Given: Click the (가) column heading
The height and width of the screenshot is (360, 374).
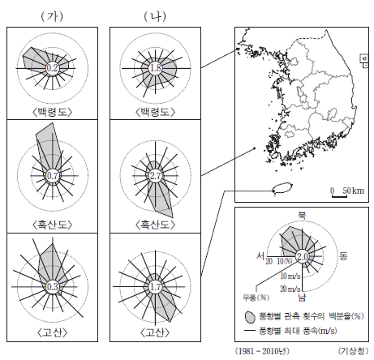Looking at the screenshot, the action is (x=52, y=17).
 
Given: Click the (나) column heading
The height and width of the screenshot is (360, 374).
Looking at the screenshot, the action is (x=155, y=17).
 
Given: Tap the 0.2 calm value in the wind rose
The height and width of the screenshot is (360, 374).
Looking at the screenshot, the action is (x=53, y=68).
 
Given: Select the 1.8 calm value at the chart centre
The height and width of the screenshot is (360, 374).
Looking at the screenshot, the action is (x=156, y=68).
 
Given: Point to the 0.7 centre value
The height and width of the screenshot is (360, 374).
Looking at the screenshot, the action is (x=53, y=176).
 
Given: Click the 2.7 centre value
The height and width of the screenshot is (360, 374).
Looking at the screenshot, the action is (x=156, y=176).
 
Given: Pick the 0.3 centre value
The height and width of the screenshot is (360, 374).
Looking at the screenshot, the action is (x=53, y=286).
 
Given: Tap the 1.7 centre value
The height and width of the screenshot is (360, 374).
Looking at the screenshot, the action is (x=156, y=286).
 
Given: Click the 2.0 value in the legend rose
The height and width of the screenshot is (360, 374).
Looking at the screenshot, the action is (x=303, y=256).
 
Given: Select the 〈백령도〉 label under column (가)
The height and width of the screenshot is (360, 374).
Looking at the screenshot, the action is (x=53, y=112).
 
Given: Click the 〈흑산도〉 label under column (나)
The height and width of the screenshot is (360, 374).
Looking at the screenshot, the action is (x=156, y=225).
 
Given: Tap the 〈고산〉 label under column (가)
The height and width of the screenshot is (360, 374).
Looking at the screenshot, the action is (x=53, y=332).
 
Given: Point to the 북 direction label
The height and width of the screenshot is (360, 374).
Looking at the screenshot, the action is (x=302, y=216).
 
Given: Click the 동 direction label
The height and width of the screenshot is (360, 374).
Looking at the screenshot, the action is (x=343, y=256).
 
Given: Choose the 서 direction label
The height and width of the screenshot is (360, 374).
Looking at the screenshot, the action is (x=261, y=255).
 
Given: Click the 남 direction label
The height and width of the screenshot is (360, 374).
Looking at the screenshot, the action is (x=302, y=298).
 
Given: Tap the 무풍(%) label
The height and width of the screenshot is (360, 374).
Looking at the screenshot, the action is (x=256, y=298).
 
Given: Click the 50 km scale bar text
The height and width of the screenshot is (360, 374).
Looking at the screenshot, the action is (x=353, y=191).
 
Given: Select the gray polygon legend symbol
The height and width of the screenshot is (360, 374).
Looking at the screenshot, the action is (x=250, y=316).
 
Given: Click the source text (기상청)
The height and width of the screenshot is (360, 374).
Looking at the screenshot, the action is (x=353, y=351).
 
